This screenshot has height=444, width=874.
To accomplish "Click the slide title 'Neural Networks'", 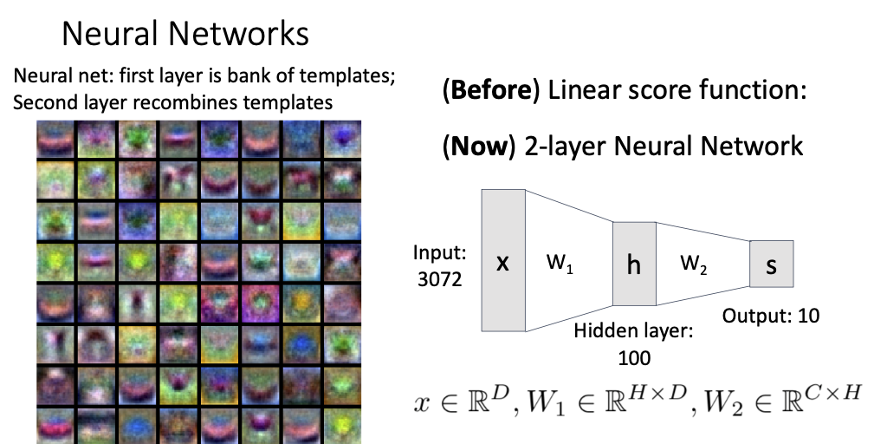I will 185,34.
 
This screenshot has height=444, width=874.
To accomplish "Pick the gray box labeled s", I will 771,264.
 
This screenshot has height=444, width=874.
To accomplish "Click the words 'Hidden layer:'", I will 635,332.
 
